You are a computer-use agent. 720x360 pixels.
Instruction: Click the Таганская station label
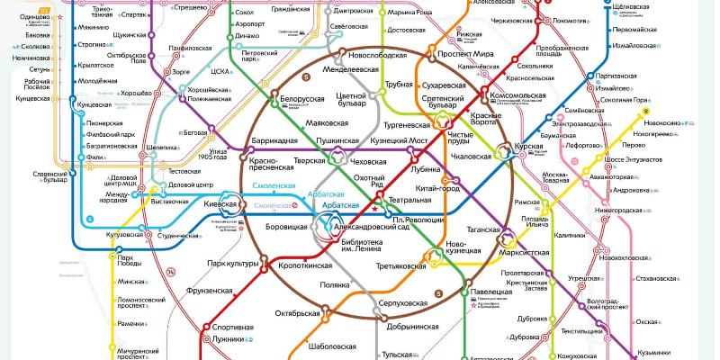coord(483,230)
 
